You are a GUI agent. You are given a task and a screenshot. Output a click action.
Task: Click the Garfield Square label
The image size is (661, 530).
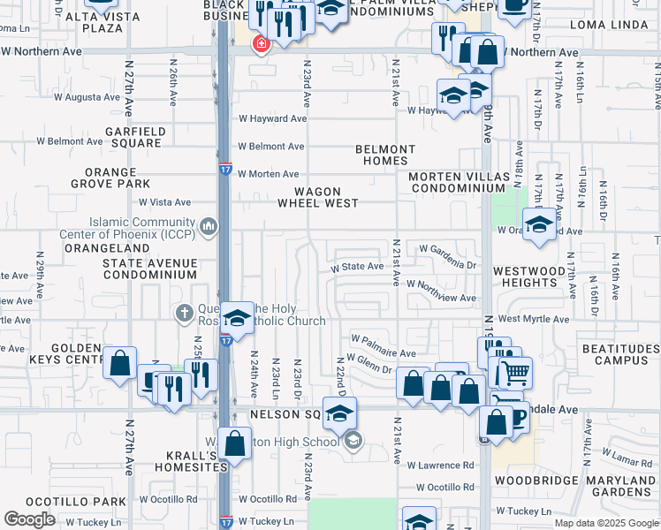click(x=134, y=136)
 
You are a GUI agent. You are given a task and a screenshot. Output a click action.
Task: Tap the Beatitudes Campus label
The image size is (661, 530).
click(x=621, y=354)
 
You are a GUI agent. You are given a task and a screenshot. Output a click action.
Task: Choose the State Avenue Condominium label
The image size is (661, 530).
click(x=149, y=269)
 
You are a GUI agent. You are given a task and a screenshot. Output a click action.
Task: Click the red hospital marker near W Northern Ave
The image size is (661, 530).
click(x=261, y=43)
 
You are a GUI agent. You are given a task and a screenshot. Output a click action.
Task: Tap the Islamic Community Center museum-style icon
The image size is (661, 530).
click(x=209, y=228)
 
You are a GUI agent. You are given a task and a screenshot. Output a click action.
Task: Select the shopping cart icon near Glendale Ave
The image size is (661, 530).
click(x=515, y=373)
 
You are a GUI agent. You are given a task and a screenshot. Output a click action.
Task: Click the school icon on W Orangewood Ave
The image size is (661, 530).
click(x=538, y=225)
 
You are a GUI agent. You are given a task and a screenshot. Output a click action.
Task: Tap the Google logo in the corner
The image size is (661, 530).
click(x=29, y=519)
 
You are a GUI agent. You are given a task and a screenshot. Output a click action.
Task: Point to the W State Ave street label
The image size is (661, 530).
click(x=357, y=267)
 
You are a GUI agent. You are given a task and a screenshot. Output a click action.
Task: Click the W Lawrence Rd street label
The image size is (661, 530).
click(x=440, y=465)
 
